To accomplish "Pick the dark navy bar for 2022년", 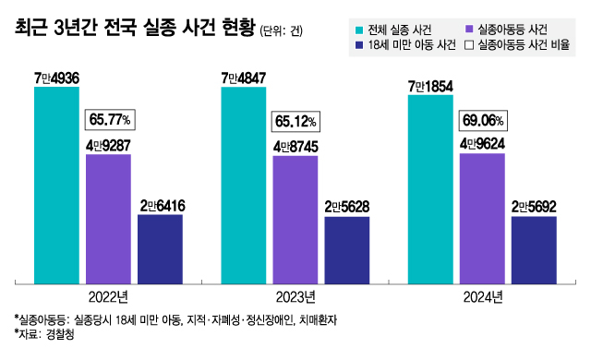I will pyautogui.click(x=160, y=248).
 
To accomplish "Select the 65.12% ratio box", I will pyautogui.click(x=296, y=120).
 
